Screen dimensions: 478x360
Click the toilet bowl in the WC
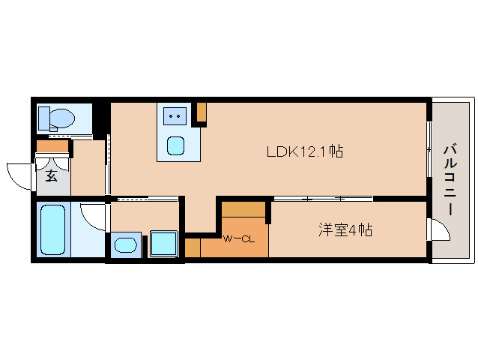pyautogui.click(x=62, y=118)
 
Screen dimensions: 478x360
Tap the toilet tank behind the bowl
pyautogui.click(x=44, y=118)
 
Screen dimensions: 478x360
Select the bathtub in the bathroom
pyautogui.click(x=53, y=229)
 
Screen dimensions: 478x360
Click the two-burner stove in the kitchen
pyautogui.click(x=175, y=116)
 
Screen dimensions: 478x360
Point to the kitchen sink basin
pyautogui.click(x=175, y=145)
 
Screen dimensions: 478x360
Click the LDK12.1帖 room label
pyautogui.click(x=305, y=151)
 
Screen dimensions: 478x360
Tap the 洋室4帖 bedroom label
pyautogui.click(x=345, y=230)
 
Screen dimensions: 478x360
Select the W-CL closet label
pyautogui.click(x=239, y=239)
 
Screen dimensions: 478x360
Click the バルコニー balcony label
pyautogui.click(x=450, y=180)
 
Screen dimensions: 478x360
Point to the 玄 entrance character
pyautogui.click(x=52, y=175)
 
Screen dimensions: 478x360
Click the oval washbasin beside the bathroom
pyautogui.click(x=126, y=245)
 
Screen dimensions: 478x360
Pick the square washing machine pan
pyautogui.click(x=163, y=244)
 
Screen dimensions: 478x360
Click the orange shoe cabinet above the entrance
pyautogui.click(x=52, y=146)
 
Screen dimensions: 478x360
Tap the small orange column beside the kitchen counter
pyautogui.click(x=202, y=112)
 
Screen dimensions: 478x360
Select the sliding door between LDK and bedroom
pyautogui.click(x=323, y=199)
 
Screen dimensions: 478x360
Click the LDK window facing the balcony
pyautogui.click(x=429, y=149)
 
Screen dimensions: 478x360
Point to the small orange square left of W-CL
pyautogui.click(x=193, y=247)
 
